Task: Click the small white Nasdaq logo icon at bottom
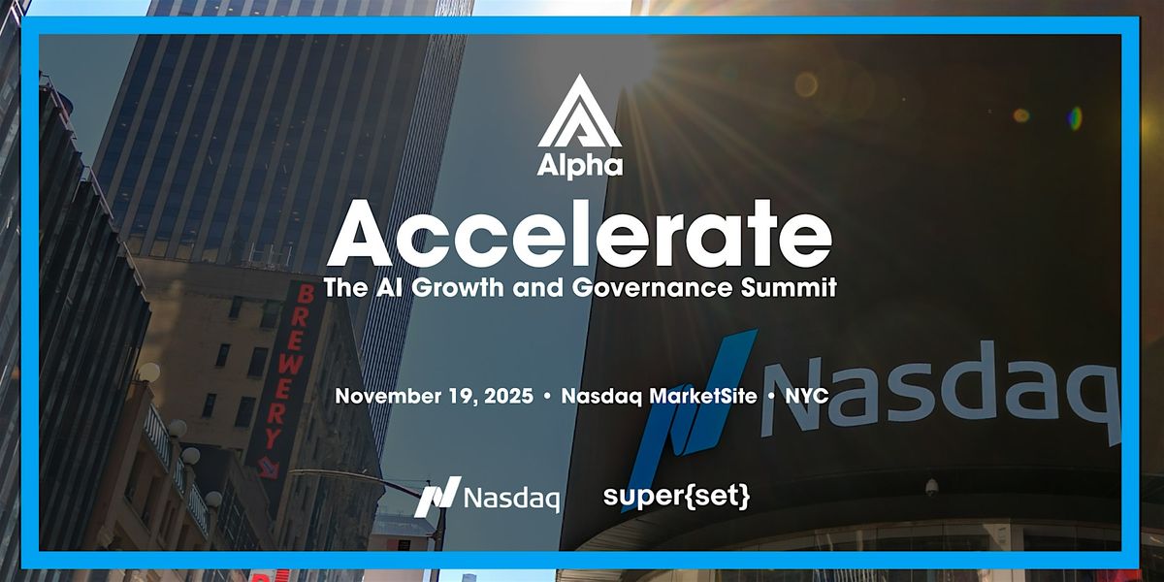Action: [x=435, y=499]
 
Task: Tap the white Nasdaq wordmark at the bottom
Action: [x=511, y=499]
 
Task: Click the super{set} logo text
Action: [x=690, y=497]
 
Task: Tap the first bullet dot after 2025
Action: [x=548, y=398]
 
